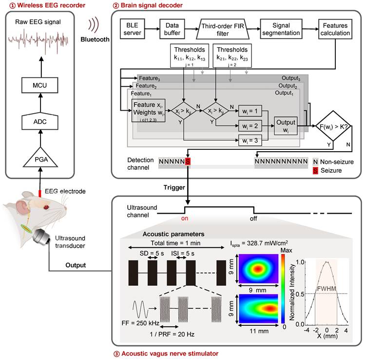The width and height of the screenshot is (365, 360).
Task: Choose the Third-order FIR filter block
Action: [226, 29]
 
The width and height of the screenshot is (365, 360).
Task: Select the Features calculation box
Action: [334, 29]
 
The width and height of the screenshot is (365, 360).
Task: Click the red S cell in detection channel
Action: [188, 161]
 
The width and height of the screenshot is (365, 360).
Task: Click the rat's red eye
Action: [46, 207]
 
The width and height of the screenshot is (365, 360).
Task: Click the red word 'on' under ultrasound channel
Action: [185, 219]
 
